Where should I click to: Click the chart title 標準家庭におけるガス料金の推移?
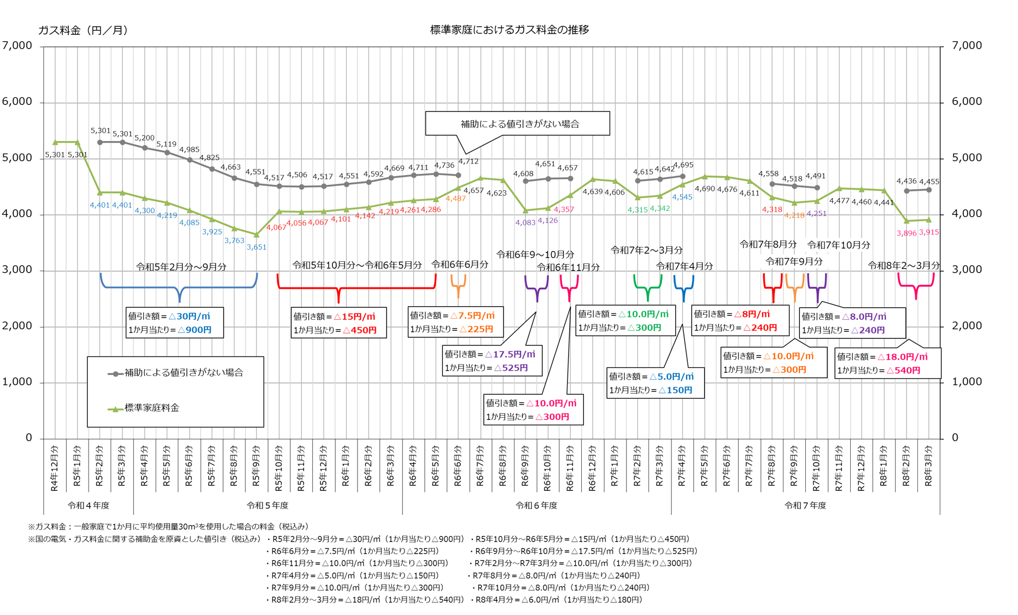(509, 30)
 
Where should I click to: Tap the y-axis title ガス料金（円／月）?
(83, 30)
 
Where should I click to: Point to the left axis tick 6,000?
(17, 102)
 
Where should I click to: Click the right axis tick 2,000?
(967, 326)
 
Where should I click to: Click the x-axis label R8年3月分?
(928, 466)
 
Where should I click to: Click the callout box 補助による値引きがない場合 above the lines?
(517, 124)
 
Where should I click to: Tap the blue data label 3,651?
(256, 247)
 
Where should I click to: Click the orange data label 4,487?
(455, 198)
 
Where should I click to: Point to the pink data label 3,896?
(906, 233)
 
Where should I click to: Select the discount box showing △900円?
(174, 323)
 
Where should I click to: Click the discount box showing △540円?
(888, 363)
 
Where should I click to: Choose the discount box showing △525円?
(492, 361)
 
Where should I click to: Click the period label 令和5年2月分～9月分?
(181, 267)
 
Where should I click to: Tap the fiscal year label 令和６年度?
(536, 506)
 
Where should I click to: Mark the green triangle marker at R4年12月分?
(55, 142)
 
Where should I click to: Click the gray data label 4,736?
(444, 165)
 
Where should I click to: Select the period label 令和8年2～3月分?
(903, 266)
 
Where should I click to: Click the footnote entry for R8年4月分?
(559, 600)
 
